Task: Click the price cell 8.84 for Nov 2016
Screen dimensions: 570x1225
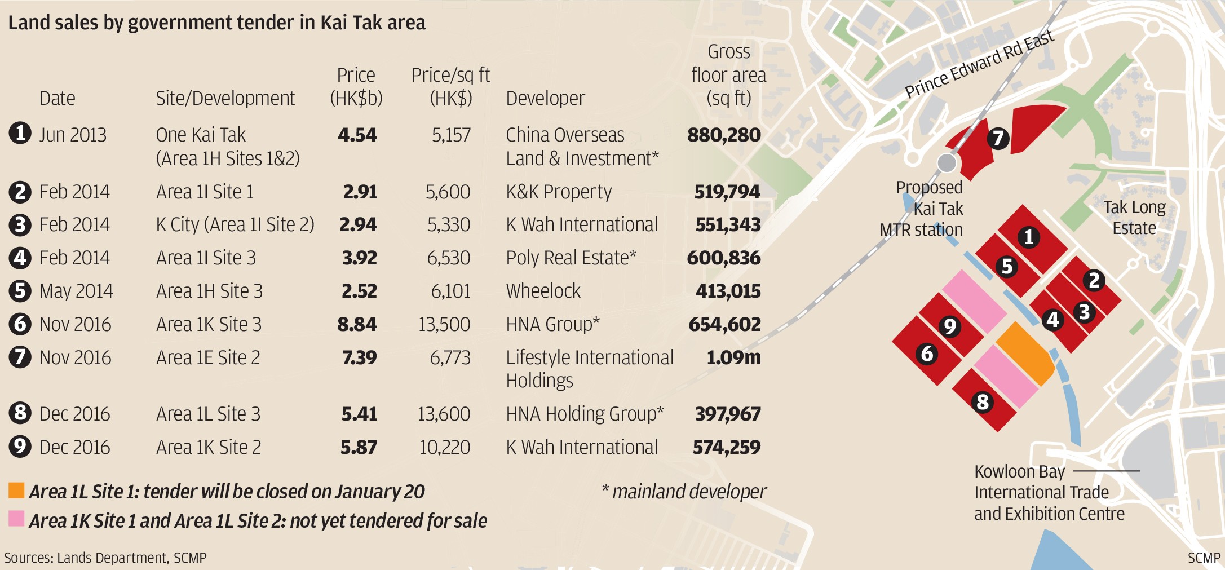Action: click(357, 324)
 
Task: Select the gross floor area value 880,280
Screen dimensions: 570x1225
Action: click(724, 135)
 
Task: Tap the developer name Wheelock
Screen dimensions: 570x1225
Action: click(543, 291)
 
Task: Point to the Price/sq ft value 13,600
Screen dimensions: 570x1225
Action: click(444, 414)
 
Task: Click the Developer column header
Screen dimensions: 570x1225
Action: click(545, 98)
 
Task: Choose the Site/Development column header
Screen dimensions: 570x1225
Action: click(225, 98)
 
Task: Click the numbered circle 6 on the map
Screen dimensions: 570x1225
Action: click(927, 354)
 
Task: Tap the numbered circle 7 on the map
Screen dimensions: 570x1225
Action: click(997, 138)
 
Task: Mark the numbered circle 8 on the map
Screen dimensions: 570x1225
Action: click(983, 401)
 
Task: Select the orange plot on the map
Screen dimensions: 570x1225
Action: click(1024, 353)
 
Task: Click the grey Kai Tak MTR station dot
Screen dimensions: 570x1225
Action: click(947, 163)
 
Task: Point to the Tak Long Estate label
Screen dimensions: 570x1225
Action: click(1134, 218)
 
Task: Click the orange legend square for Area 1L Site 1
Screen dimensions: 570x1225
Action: click(16, 491)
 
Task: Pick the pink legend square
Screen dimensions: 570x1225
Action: click(16, 519)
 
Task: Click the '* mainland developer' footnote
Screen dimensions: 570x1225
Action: click(684, 492)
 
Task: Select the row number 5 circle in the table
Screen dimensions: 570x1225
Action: click(20, 291)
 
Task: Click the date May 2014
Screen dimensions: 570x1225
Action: click(76, 291)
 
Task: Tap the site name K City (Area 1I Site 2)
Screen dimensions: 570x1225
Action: click(235, 224)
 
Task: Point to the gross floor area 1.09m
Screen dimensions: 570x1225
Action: click(733, 357)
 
